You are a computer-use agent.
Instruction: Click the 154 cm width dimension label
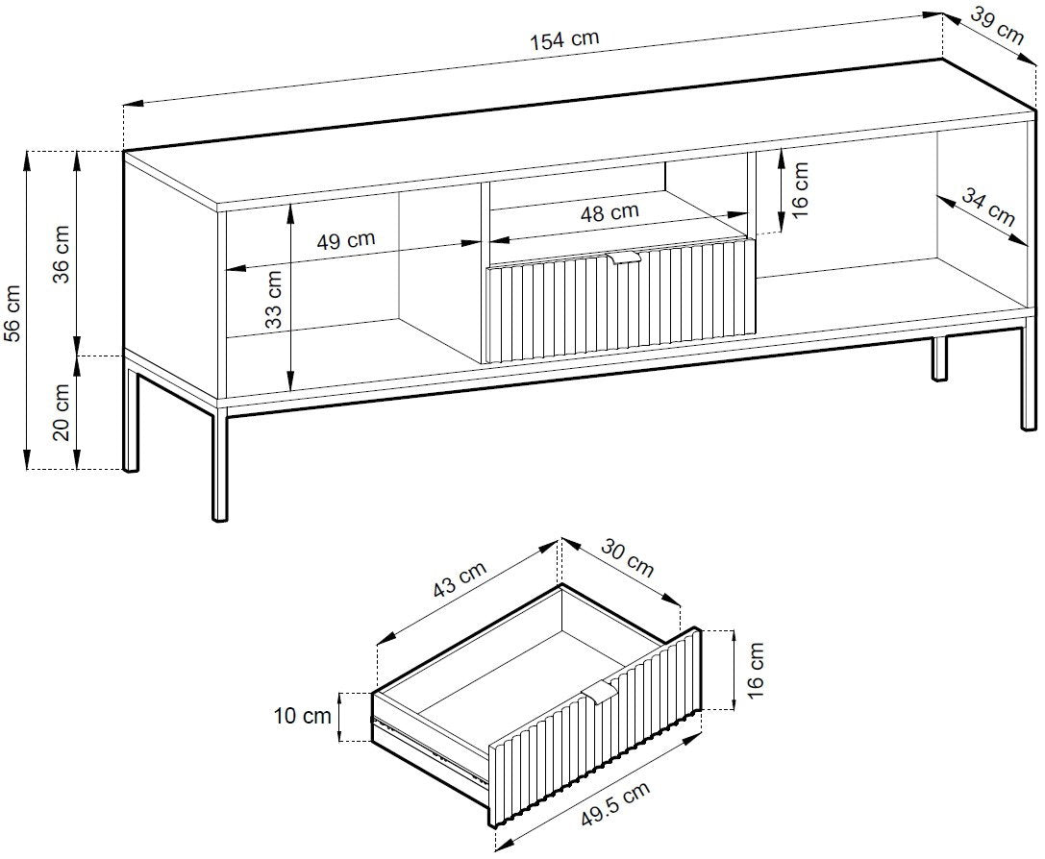tap(565, 39)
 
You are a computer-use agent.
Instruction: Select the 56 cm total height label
tap(12, 312)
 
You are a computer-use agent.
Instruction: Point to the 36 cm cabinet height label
tap(62, 254)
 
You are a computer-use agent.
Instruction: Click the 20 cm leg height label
tap(62, 411)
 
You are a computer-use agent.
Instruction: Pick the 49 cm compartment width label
tap(345, 239)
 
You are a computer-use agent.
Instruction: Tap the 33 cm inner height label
tap(274, 300)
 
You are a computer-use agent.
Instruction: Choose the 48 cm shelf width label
tap(610, 213)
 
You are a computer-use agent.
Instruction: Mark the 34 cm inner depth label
tap(988, 207)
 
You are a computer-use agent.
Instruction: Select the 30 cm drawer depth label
tap(628, 557)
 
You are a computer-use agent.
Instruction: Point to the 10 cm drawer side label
tap(302, 717)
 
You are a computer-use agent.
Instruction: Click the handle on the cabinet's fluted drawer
tap(624, 258)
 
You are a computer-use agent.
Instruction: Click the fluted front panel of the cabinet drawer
tap(620, 302)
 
